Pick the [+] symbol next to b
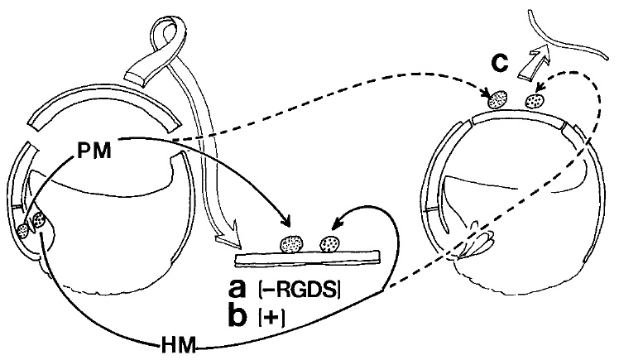coord(270,316)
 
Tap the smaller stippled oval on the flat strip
coord(330,244)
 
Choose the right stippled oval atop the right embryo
coord(536,102)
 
